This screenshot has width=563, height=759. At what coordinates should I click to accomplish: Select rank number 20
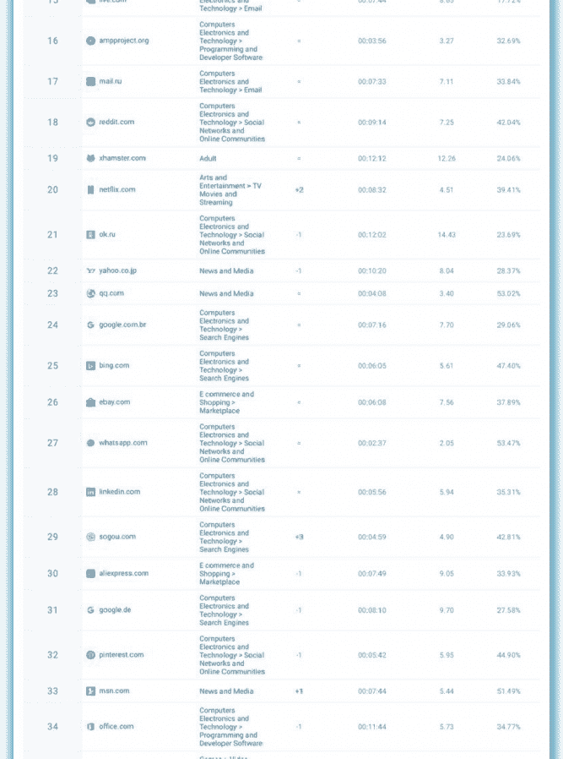click(53, 189)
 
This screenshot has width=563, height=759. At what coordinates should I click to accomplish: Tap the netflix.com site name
click(116, 189)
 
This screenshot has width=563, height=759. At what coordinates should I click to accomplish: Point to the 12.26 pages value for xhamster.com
click(447, 158)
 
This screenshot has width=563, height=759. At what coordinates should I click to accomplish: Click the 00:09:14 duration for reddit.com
click(371, 122)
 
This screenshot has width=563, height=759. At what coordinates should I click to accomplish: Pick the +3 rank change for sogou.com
click(299, 537)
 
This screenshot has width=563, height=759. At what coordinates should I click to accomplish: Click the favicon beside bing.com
click(91, 365)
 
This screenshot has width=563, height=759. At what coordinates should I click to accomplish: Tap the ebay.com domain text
click(114, 402)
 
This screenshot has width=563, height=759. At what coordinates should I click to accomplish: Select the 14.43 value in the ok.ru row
click(447, 234)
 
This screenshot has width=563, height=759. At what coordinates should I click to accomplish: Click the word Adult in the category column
click(208, 158)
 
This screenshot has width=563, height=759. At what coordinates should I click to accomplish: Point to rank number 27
click(53, 443)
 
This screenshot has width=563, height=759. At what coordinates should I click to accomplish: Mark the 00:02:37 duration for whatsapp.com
click(371, 443)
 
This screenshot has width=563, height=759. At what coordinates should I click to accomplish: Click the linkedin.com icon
click(91, 492)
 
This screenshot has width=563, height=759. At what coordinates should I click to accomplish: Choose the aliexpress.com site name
click(123, 573)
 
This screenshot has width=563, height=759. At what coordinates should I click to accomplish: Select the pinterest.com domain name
click(121, 654)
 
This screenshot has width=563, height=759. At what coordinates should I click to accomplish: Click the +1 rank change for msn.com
click(299, 691)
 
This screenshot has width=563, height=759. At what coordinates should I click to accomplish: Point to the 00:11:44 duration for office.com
click(371, 727)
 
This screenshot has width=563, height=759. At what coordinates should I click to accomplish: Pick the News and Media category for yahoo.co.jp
click(226, 270)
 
